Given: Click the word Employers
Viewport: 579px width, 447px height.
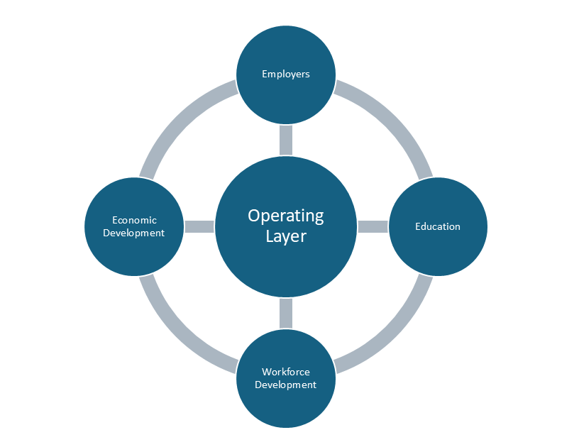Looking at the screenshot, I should [x=285, y=74].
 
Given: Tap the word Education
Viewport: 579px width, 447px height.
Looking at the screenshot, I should [x=437, y=226].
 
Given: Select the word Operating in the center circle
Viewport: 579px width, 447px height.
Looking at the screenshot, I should [x=285, y=216].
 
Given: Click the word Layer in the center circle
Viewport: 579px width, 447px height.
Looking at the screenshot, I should [x=285, y=236].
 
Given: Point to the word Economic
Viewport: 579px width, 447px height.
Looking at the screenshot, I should [x=133, y=220].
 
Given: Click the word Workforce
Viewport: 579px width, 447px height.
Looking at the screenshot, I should [x=285, y=372].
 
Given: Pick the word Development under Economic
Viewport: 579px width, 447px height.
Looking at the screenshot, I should [x=133, y=233].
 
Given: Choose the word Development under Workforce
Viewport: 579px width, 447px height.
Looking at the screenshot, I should [x=285, y=385].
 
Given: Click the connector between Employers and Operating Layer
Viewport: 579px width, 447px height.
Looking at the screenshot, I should [x=285, y=140].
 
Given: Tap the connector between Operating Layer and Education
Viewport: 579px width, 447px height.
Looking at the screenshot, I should [x=373, y=226].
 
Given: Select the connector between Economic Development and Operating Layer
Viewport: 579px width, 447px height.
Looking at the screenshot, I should [x=199, y=226].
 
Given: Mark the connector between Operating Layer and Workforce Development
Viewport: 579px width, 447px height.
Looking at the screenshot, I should [x=285, y=314].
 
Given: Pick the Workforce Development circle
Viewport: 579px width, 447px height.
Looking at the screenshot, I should [x=285, y=408].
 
